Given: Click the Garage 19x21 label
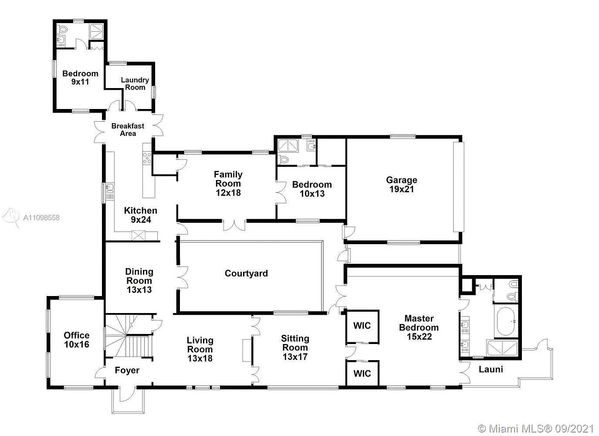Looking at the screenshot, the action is (401, 185).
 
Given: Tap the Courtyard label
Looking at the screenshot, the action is (246, 273).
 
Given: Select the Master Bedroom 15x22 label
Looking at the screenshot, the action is (419, 327).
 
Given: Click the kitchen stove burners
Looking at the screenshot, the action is (147, 158).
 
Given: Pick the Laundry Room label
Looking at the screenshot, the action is (135, 84).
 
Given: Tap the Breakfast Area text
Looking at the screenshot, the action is (128, 129).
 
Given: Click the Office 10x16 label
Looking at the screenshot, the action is (77, 340).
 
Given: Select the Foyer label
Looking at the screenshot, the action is (127, 371).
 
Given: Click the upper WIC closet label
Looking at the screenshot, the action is (362, 326).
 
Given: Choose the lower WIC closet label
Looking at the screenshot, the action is (362, 373).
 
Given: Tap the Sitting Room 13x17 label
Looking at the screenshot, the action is (295, 347).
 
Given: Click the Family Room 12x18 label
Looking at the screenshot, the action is (228, 184).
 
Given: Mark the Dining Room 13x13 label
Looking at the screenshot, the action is (139, 280).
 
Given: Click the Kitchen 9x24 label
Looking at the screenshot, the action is (141, 215).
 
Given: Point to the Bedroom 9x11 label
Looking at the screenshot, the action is (80, 78).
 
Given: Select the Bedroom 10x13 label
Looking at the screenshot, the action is (312, 189).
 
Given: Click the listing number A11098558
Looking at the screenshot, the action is (41, 218).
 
